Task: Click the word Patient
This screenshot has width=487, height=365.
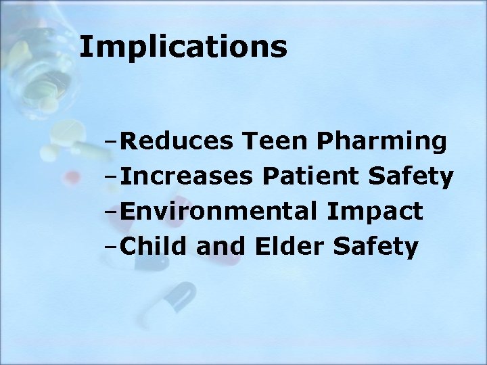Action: click(312, 177)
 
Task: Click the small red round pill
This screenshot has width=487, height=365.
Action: click(68, 178)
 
